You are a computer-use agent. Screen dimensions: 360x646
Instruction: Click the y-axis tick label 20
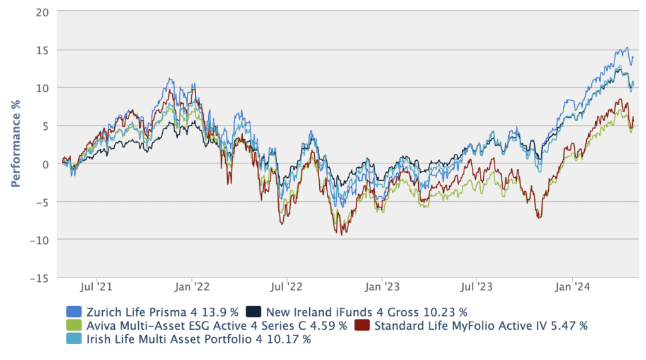tap(44, 12)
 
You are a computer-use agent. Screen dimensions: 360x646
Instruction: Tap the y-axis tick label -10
tap(41, 240)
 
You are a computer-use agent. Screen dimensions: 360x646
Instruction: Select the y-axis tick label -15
tap(41, 277)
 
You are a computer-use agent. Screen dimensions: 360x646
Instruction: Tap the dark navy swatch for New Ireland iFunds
tap(253, 311)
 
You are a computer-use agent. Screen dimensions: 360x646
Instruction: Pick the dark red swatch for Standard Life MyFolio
tap(361, 325)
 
